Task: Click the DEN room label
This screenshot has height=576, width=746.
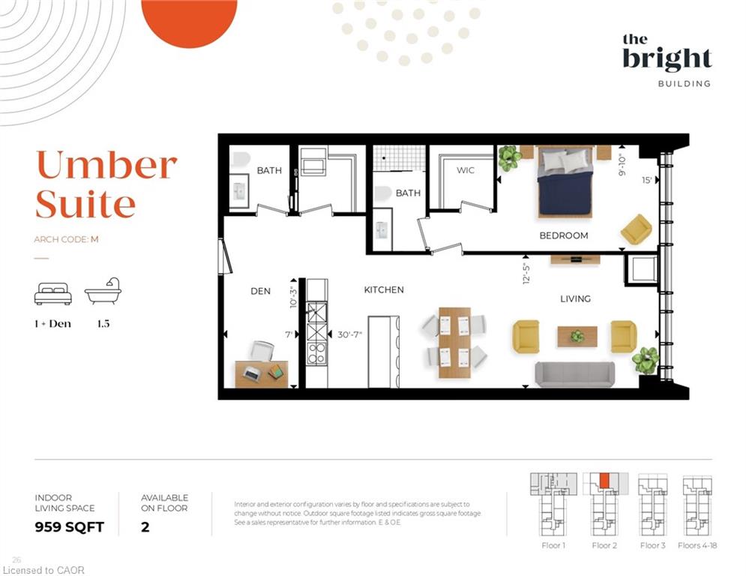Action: point(260,291)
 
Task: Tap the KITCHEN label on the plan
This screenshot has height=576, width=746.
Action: point(384,289)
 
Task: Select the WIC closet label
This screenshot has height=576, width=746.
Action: point(466,170)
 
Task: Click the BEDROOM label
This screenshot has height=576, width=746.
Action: point(564,235)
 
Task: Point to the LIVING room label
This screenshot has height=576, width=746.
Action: point(575,298)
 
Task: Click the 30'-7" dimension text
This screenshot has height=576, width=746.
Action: point(349,334)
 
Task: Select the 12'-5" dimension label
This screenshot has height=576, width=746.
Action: point(526,273)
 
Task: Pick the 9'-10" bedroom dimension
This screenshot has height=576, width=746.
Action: point(622,165)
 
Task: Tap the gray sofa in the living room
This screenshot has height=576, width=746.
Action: point(575,373)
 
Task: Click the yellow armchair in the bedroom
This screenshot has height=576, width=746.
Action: point(636,229)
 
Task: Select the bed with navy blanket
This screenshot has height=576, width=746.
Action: point(565,181)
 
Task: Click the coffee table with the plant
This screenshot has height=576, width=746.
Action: point(577,337)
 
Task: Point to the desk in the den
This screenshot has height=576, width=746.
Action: point(261,374)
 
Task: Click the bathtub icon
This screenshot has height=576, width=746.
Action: point(103,290)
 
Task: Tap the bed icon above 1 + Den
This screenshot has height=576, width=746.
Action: point(52,294)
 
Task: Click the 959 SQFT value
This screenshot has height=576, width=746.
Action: point(70,527)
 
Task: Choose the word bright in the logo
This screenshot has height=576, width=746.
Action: point(667,59)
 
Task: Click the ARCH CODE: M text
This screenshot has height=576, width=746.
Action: point(66,239)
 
